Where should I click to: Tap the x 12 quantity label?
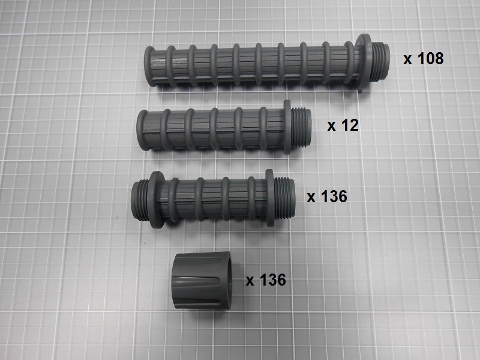pos(343,125)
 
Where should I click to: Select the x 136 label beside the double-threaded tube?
pos(327,196)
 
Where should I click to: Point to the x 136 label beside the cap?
pos(266,280)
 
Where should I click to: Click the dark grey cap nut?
pos(202,280)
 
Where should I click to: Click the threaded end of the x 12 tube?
pos(301,127)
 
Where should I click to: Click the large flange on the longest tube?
pos(364,63)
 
